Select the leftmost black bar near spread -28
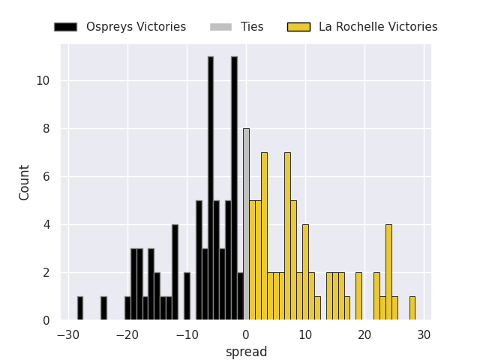click(x=80, y=308)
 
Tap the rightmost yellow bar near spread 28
click(x=412, y=308)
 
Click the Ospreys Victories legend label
click(x=136, y=27)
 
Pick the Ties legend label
click(x=252, y=27)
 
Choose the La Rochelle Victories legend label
click(x=378, y=27)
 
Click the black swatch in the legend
click(x=65, y=27)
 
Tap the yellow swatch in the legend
click(x=298, y=27)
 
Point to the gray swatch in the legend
click(x=220, y=27)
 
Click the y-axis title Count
click(x=25, y=182)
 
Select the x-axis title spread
click(x=246, y=352)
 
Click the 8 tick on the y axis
click(x=46, y=129)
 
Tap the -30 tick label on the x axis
click(x=65, y=334)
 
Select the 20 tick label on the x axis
click(x=364, y=334)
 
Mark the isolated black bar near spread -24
click(x=103, y=308)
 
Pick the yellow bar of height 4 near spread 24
click(x=388, y=272)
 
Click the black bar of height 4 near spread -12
click(x=175, y=272)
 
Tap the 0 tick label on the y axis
click(x=46, y=320)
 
